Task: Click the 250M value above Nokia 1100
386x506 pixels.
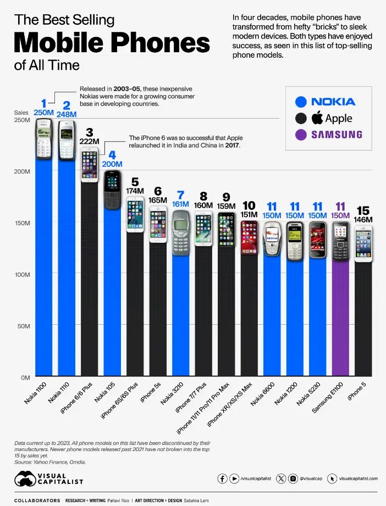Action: [43, 113]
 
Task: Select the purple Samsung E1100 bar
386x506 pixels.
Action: [340, 319]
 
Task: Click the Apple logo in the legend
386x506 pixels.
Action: [316, 118]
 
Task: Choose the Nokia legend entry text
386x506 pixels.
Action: [333, 102]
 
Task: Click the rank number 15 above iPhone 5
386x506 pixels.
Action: [363, 210]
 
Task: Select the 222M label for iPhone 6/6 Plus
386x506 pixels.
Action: [90, 141]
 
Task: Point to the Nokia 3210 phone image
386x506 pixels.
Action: [181, 233]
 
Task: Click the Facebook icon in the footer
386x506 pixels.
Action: [223, 479]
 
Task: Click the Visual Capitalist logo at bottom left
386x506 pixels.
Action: [49, 479]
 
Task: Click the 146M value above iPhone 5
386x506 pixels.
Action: [363, 220]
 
